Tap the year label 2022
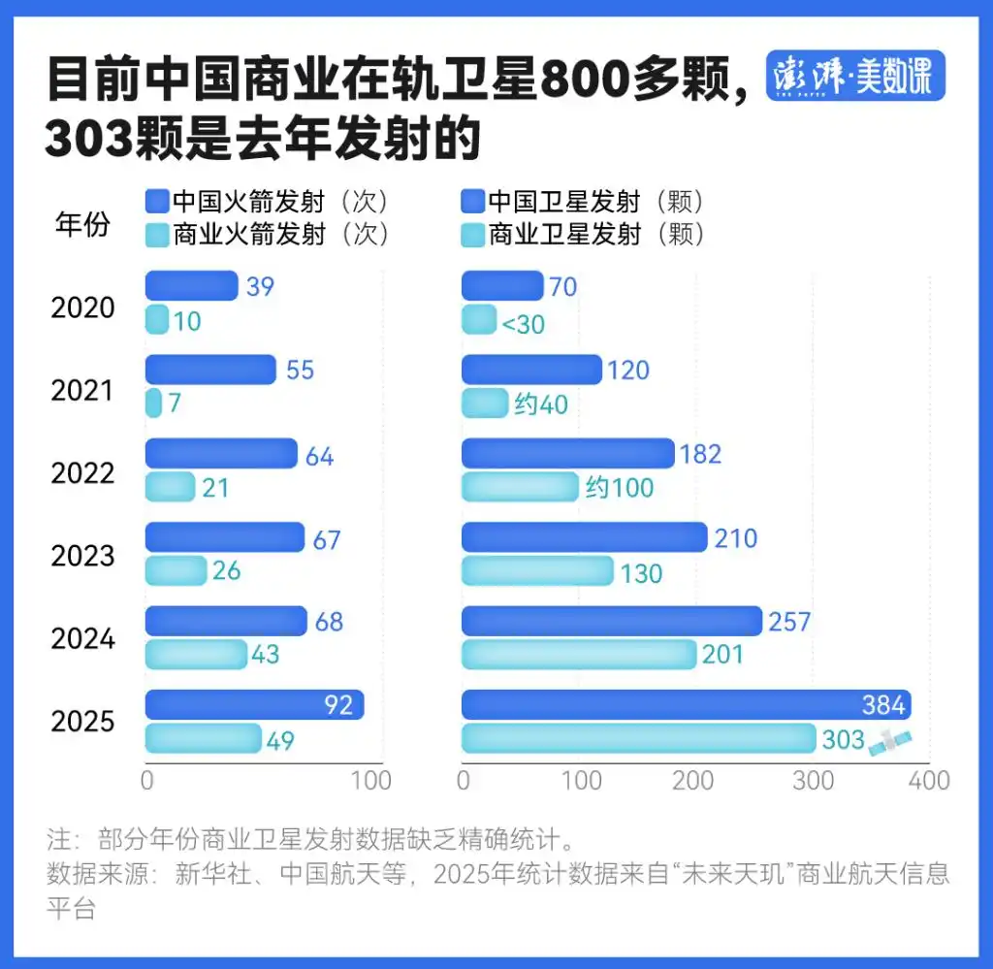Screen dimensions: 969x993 point(82,472)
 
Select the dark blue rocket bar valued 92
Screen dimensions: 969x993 point(254,704)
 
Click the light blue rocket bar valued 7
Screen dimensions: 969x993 point(153,403)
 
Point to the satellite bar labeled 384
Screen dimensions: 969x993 point(686,704)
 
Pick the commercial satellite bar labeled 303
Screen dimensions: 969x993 point(638,738)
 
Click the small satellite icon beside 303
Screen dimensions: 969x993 point(890,741)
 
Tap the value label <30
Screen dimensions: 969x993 point(523,323)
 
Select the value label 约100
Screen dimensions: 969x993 point(619,487)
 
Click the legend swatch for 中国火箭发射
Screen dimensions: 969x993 point(156,202)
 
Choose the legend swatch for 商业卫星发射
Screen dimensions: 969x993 point(471,234)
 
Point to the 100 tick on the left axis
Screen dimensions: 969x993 point(369,781)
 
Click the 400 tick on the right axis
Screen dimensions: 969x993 point(929,781)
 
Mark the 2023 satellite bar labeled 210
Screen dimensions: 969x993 point(584,537)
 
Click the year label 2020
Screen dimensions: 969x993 point(82,307)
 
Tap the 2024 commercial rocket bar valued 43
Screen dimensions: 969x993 point(196,655)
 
